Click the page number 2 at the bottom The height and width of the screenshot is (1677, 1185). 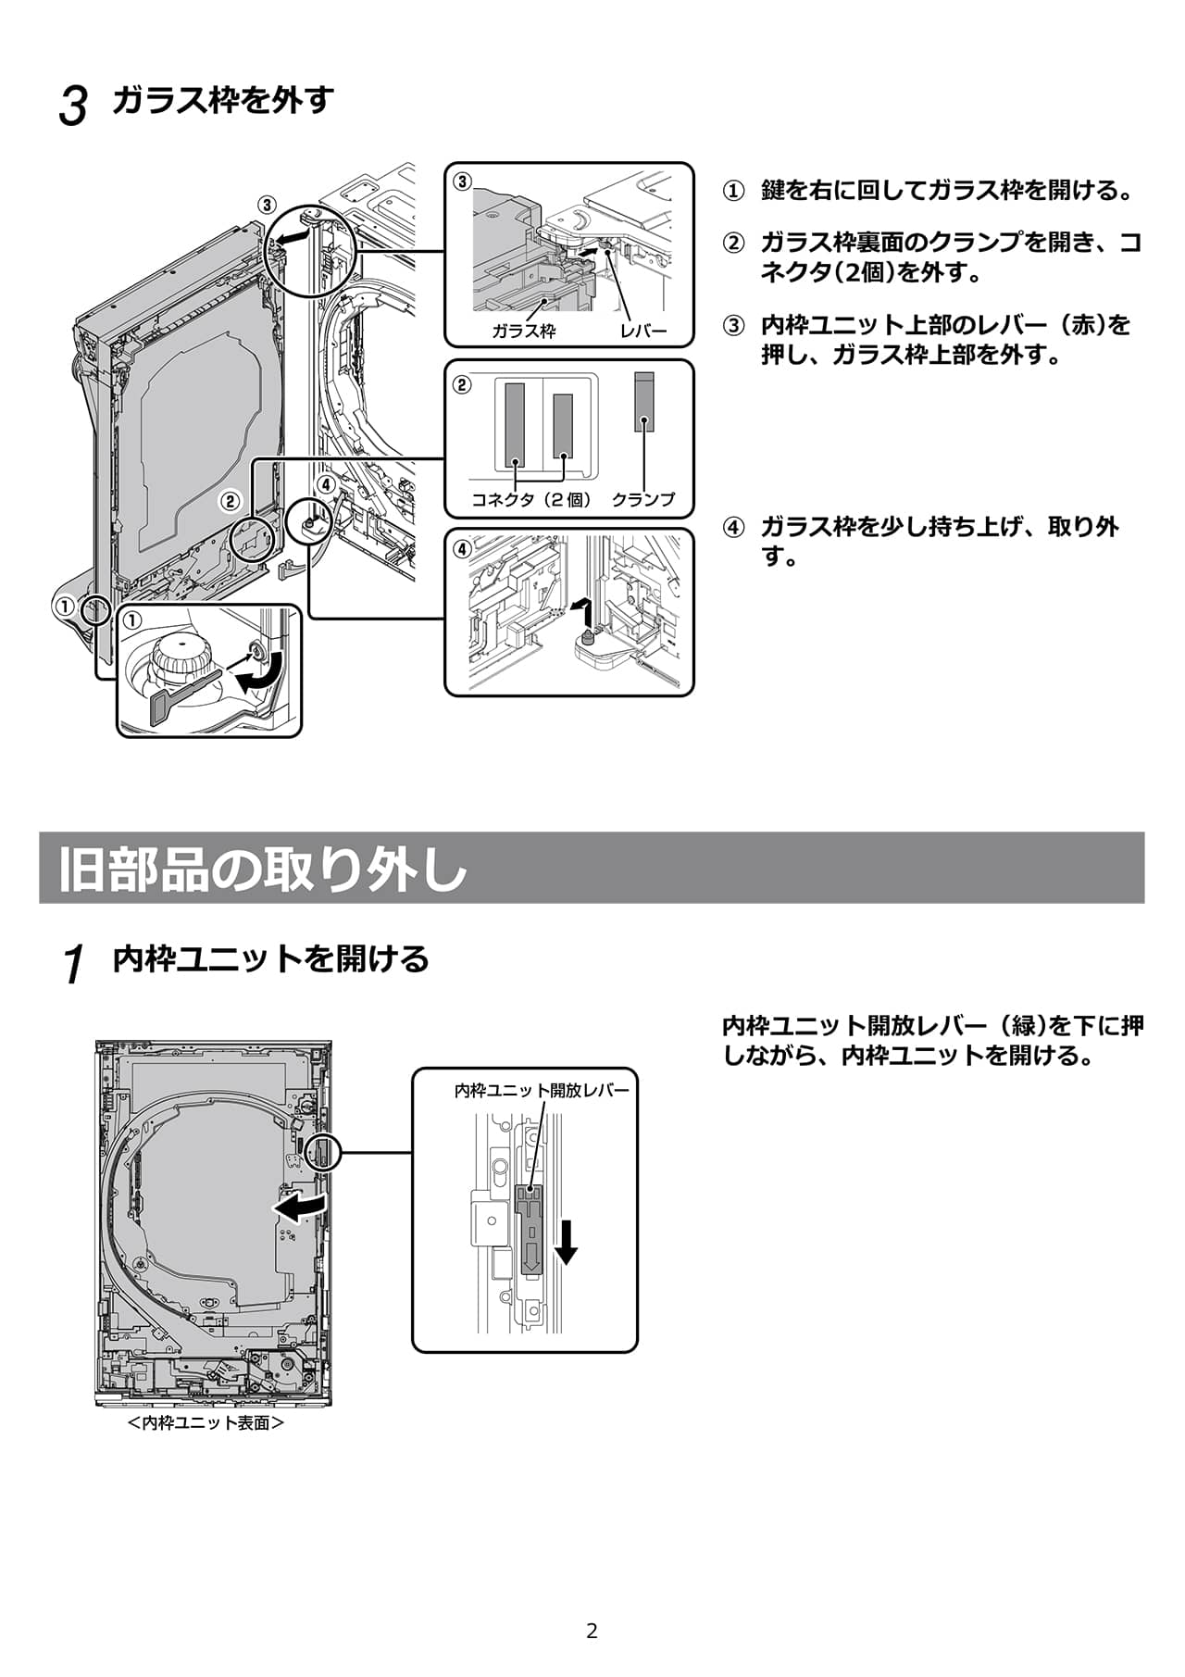pos(592,1631)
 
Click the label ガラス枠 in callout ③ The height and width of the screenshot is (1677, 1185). pos(523,331)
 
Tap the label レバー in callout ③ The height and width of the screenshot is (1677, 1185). pos(643,331)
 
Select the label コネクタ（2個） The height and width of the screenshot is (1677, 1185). pos(531,500)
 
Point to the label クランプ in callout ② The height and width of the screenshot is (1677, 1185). pos(643,500)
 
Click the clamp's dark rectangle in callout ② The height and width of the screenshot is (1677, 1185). pos(644,402)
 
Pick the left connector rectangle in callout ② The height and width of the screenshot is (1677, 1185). pos(515,425)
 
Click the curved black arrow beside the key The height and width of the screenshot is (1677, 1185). pos(256,682)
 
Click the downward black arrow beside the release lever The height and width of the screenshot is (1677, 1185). pos(566,1242)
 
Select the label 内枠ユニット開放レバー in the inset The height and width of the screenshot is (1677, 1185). pos(542,1090)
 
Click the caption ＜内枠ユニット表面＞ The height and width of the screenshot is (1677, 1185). pos(206,1422)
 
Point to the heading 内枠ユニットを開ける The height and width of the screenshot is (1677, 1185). pos(270,958)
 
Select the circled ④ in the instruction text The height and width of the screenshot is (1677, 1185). pos(732,528)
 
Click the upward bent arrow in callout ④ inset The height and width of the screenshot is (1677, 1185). pos(581,610)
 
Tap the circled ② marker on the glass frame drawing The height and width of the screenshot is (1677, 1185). pos(230,502)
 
